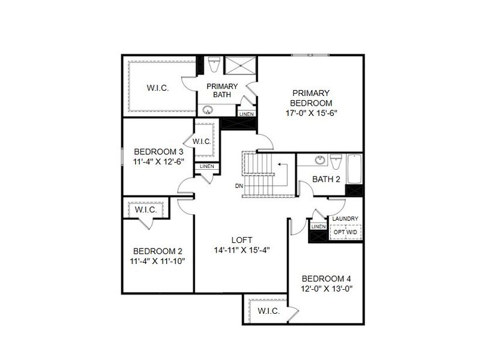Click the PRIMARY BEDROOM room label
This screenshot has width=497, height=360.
pyautogui.click(x=311, y=98)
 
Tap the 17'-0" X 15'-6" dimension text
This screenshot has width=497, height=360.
pyautogui.click(x=311, y=112)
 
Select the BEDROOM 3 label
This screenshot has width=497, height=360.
pyautogui.click(x=158, y=151)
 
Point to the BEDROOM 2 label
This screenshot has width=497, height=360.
pyautogui.click(x=158, y=251)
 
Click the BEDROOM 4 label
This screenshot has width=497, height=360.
pyautogui.click(x=326, y=278)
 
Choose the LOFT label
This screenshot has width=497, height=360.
pyautogui.click(x=242, y=239)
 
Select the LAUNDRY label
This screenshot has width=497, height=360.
pyautogui.click(x=345, y=219)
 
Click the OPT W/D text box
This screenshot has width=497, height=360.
pyautogui.click(x=346, y=232)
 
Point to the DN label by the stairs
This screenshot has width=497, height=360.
pyautogui.click(x=239, y=185)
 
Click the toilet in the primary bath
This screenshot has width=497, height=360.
pyautogui.click(x=213, y=64)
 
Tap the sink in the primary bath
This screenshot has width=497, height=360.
pyautogui.click(x=208, y=110)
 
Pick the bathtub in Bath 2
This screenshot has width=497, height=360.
pyautogui.click(x=354, y=169)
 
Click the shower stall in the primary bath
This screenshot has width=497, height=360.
pyautogui.click(x=239, y=65)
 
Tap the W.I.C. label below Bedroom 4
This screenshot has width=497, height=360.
pyautogui.click(x=268, y=311)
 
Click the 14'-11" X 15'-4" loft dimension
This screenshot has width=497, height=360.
pyautogui.click(x=242, y=250)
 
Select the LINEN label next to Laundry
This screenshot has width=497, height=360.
pyautogui.click(x=318, y=227)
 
